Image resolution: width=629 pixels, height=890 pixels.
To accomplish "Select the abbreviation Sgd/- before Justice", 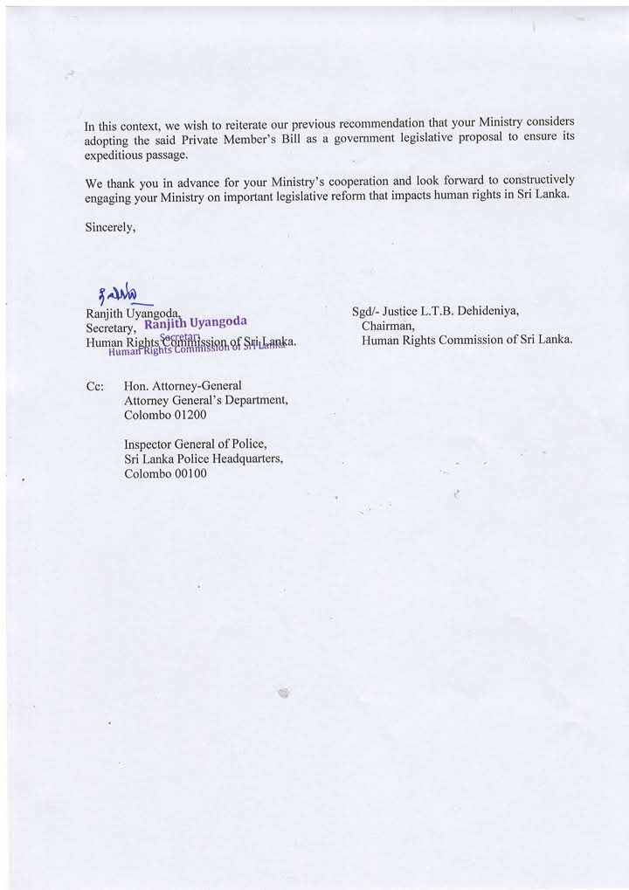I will coord(365,311).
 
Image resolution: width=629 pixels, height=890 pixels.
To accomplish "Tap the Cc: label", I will coord(95,385).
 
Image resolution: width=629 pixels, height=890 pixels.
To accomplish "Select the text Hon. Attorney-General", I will coord(183,385).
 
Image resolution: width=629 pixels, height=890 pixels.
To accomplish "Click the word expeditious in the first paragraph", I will coord(121,154).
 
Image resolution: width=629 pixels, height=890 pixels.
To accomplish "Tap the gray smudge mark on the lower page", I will coord(282,693).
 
